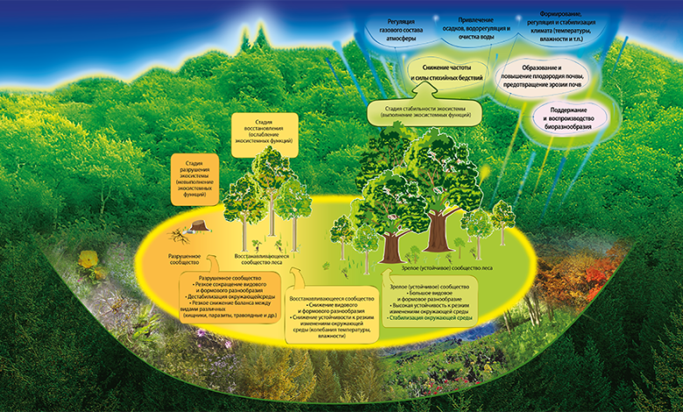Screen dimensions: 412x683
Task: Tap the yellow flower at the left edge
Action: (x=88, y=259)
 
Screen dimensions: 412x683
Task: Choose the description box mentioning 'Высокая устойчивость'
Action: (x=433, y=302)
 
